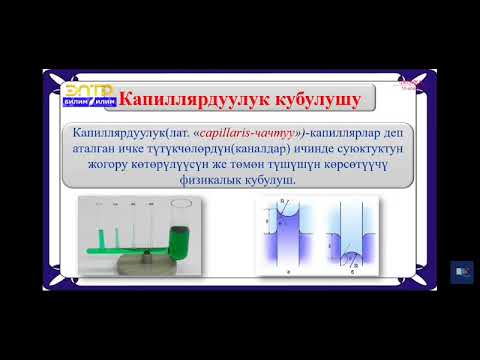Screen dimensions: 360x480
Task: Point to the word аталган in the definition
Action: coord(95,150)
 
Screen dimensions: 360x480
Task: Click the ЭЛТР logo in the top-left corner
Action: coord(73,94)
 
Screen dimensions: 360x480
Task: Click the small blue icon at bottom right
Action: coord(462,272)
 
